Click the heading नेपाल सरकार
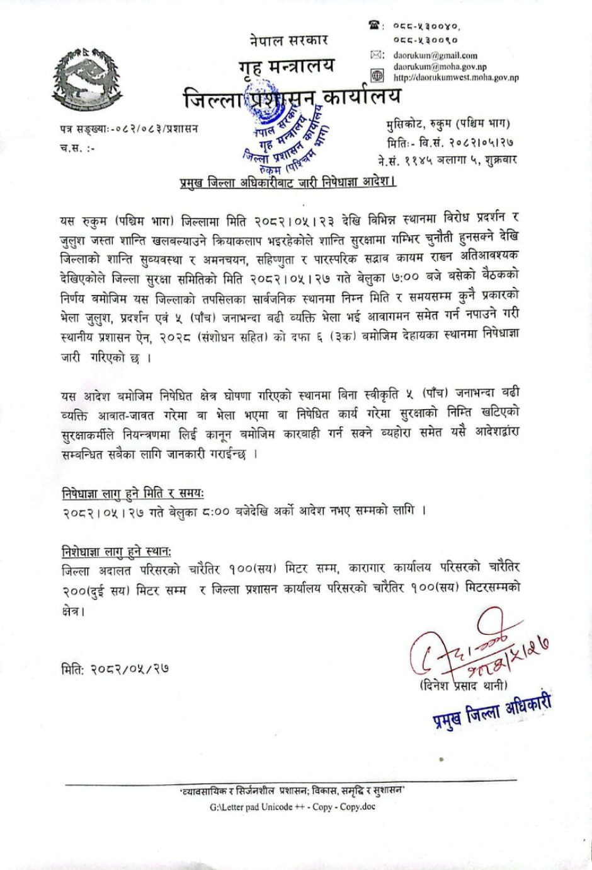coord(288,40)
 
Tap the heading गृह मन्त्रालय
coord(287,67)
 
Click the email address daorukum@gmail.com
coord(435,55)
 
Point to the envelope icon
coord(377,55)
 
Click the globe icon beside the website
coord(377,76)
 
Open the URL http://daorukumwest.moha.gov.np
coord(456,78)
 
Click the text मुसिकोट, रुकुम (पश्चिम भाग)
coord(448,124)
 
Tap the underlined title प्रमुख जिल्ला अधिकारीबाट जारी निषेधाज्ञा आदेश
coord(287,183)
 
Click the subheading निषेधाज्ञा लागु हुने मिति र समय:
coord(133,493)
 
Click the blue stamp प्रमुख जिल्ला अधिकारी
coord(492,711)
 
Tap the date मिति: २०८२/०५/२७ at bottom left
coord(115,669)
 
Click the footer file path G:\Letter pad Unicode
coord(292,806)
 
